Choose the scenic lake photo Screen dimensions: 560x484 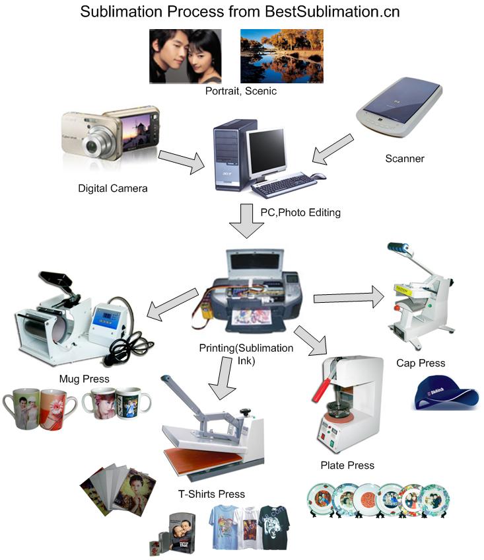pyautogui.click(x=281, y=56)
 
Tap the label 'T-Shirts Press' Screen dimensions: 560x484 pyautogui.click(x=211, y=494)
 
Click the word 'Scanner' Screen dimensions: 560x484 pyautogui.click(x=404, y=159)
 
